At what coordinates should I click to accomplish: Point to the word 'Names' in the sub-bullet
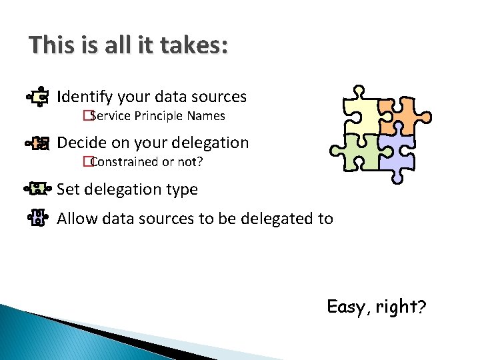tap(206, 116)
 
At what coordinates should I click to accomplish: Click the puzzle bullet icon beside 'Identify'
tap(39, 97)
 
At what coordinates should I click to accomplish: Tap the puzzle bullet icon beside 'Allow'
tap(38, 218)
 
